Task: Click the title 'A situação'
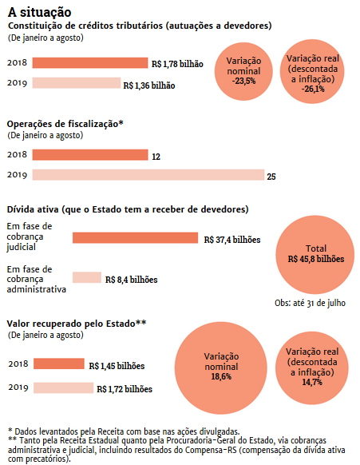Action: click(x=39, y=13)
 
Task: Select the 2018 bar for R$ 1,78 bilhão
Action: click(x=90, y=63)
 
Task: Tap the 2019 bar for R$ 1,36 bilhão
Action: click(x=77, y=83)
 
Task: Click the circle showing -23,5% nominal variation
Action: click(x=243, y=71)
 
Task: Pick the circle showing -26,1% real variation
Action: click(x=312, y=71)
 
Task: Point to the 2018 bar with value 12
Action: click(x=90, y=155)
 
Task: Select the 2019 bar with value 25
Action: click(x=148, y=175)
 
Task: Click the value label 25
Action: click(x=271, y=177)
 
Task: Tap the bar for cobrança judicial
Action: click(x=135, y=238)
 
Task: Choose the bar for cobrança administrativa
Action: click(x=87, y=277)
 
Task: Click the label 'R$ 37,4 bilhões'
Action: click(x=232, y=240)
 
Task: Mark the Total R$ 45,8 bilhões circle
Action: click(x=315, y=255)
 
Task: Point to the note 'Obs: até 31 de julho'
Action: click(x=310, y=303)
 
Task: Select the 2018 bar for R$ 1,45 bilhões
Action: click(x=59, y=364)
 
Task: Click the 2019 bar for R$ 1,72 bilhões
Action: click(x=63, y=387)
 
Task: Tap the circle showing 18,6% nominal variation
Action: click(x=221, y=368)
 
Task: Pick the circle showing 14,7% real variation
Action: click(x=311, y=368)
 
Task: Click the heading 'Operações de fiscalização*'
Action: click(x=65, y=124)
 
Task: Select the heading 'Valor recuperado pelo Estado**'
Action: click(x=77, y=324)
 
